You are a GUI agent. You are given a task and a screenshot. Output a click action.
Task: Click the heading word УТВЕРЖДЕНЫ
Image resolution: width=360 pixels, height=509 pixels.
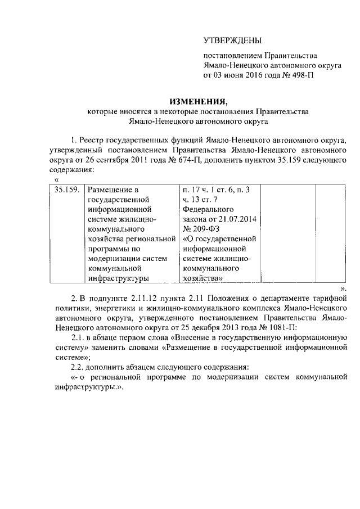[232, 40]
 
